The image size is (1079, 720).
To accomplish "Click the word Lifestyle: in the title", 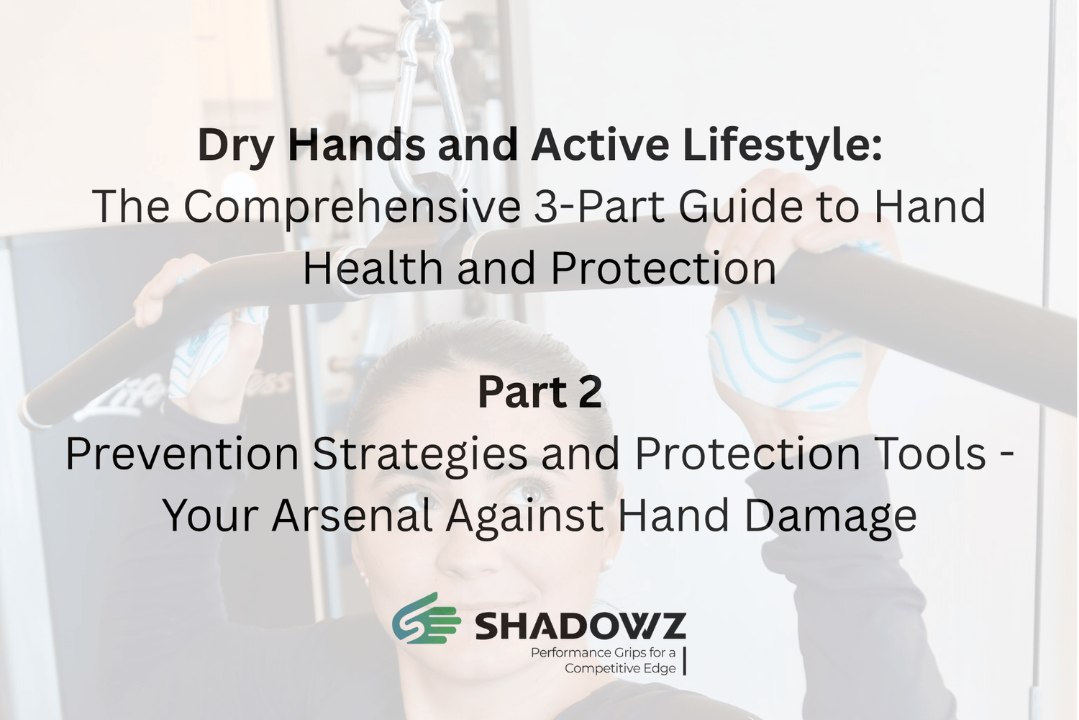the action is point(783,145).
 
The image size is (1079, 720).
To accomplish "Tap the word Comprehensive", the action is point(352,207).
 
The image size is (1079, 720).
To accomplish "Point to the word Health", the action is point(373,268).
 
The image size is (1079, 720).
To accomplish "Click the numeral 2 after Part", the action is point(588,392).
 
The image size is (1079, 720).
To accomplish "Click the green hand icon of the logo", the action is point(426,618).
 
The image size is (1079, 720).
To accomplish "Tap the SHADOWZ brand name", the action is point(581,626).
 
